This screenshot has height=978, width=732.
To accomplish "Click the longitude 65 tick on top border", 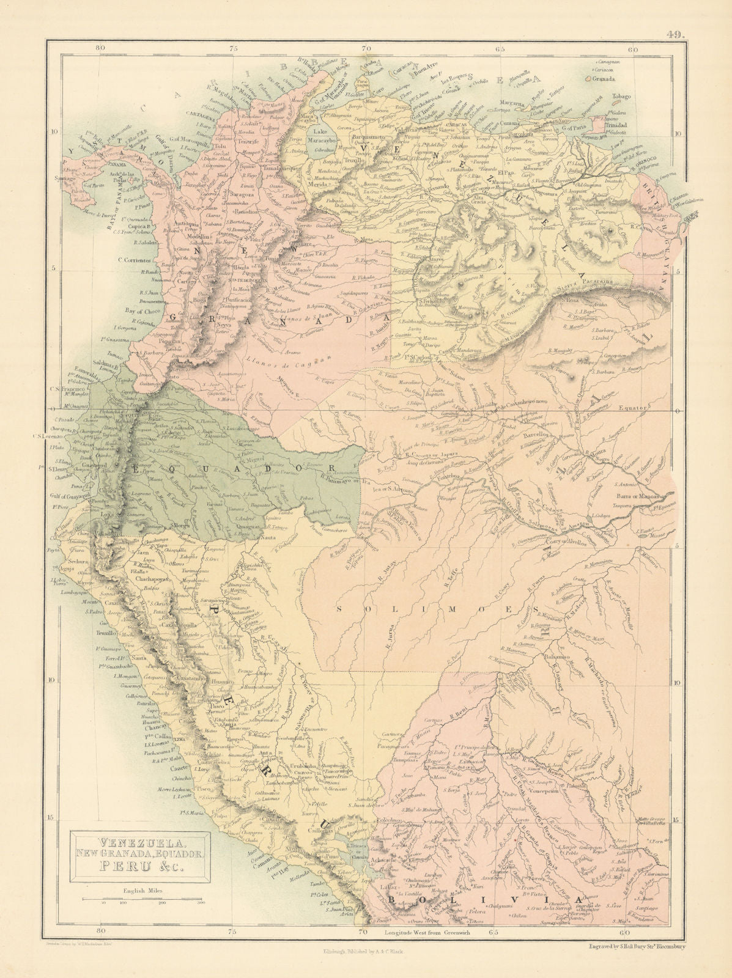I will point(500,49).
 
